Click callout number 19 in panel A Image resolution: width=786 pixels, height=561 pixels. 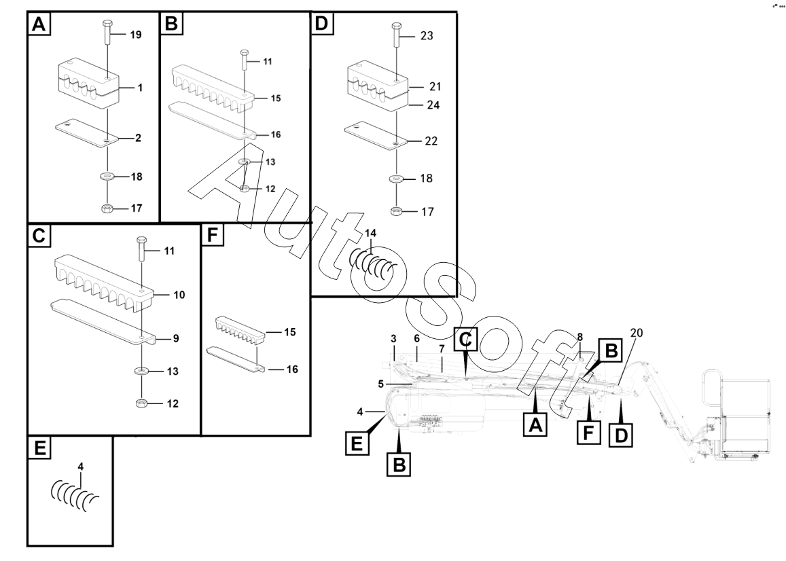tap(135, 35)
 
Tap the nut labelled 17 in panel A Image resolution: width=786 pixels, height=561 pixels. tap(106, 208)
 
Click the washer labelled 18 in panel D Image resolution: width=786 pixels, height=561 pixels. tap(396, 179)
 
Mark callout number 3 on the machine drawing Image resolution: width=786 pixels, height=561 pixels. tap(393, 338)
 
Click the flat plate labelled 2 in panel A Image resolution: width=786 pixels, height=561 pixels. tap(87, 132)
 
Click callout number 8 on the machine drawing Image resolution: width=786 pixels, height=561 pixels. tap(579, 336)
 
